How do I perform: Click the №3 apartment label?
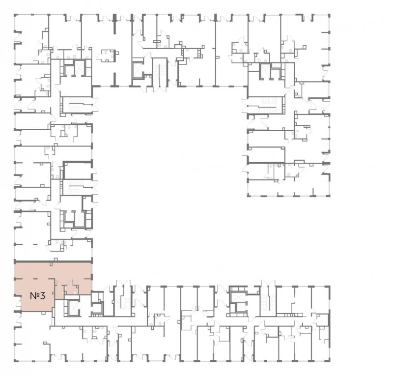(x=38, y=296)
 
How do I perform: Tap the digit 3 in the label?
(x=42, y=296)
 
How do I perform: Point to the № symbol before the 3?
(x=34, y=296)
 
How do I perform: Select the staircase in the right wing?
(x=266, y=105)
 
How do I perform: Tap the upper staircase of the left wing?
(x=77, y=105)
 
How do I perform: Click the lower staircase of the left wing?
(x=77, y=187)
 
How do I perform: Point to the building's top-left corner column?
(x=15, y=16)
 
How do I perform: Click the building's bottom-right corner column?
(x=328, y=360)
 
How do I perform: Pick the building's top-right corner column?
(x=328, y=16)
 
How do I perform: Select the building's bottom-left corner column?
(x=15, y=360)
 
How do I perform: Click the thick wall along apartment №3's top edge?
(x=54, y=261)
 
